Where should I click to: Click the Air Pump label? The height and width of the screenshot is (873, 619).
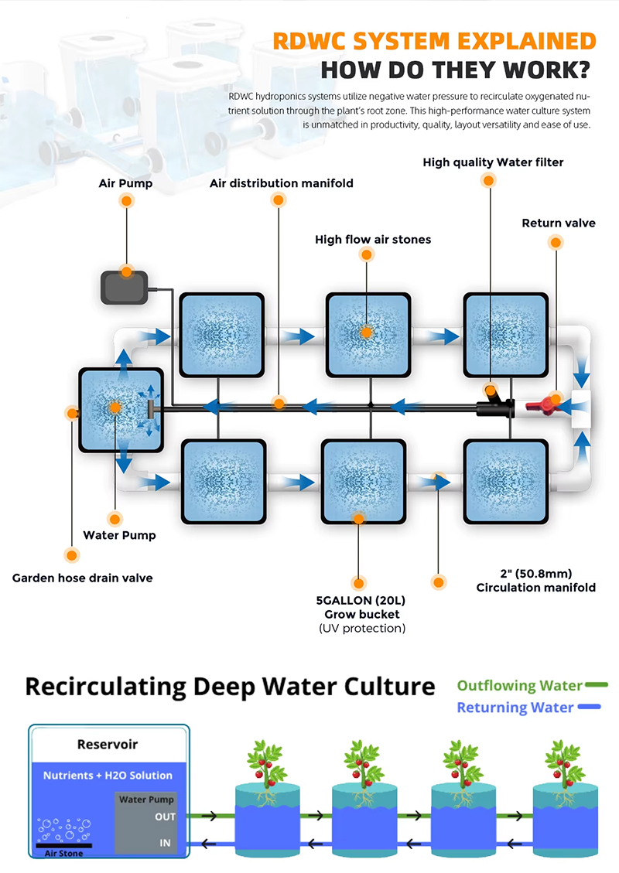pos(125,183)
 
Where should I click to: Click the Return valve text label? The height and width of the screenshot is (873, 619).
pos(559,223)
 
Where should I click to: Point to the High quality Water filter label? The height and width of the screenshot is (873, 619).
pos(493,162)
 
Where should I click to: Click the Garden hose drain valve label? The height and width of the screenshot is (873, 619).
pos(82,578)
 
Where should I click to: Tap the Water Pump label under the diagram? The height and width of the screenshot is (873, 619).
pos(119,535)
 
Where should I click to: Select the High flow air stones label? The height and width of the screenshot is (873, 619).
pos(373,240)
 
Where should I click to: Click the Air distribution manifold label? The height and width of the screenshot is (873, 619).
pos(282,183)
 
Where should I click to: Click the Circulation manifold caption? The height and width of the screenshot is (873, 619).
pos(535,587)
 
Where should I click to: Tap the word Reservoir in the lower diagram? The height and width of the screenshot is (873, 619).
pos(108,745)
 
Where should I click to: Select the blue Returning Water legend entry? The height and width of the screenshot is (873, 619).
pos(515,707)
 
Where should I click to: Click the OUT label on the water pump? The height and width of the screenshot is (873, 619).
pos(165,817)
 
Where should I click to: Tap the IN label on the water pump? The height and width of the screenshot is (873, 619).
pos(165,843)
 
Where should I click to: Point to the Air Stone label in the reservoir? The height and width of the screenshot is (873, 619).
pos(63,853)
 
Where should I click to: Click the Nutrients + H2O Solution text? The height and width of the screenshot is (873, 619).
pos(108,775)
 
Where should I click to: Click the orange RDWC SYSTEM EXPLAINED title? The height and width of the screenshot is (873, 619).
pos(434,41)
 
